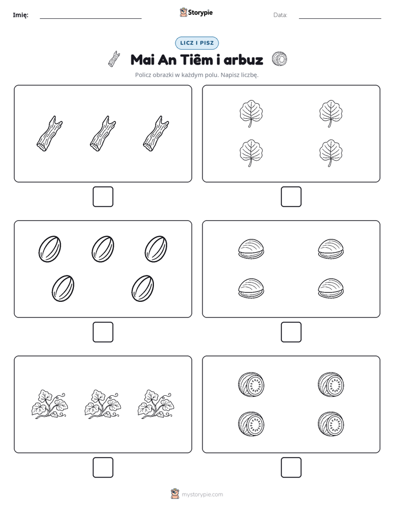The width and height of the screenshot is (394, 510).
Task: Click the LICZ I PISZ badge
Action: click(196, 43)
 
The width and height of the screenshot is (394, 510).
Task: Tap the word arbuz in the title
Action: click(243, 60)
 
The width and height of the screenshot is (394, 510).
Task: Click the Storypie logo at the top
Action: click(196, 12)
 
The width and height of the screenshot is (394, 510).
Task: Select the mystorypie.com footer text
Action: click(202, 495)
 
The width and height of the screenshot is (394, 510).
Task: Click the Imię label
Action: click(20, 15)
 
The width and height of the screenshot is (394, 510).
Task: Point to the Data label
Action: click(280, 15)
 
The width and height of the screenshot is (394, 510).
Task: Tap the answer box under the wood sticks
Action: click(103, 197)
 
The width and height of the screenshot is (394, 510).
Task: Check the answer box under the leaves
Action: click(291, 197)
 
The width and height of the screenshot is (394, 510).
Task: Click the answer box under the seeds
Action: click(103, 332)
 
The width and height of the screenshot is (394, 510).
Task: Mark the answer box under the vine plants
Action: click(103, 467)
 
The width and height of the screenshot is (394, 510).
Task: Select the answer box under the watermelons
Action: click(291, 467)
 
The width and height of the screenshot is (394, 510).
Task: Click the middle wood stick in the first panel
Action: click(103, 134)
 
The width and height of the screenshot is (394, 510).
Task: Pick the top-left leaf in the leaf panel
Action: click(251, 114)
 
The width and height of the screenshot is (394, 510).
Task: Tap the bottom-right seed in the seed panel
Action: click(143, 289)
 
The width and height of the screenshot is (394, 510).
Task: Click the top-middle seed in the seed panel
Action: click(103, 249)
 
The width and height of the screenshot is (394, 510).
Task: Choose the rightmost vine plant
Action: click(156, 404)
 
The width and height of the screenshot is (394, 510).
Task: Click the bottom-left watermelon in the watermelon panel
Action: click(251, 424)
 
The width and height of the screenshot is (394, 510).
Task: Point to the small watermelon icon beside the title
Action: click(279, 59)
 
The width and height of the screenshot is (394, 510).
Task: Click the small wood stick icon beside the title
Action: click(114, 59)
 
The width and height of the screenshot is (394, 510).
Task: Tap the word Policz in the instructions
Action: click(143, 75)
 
